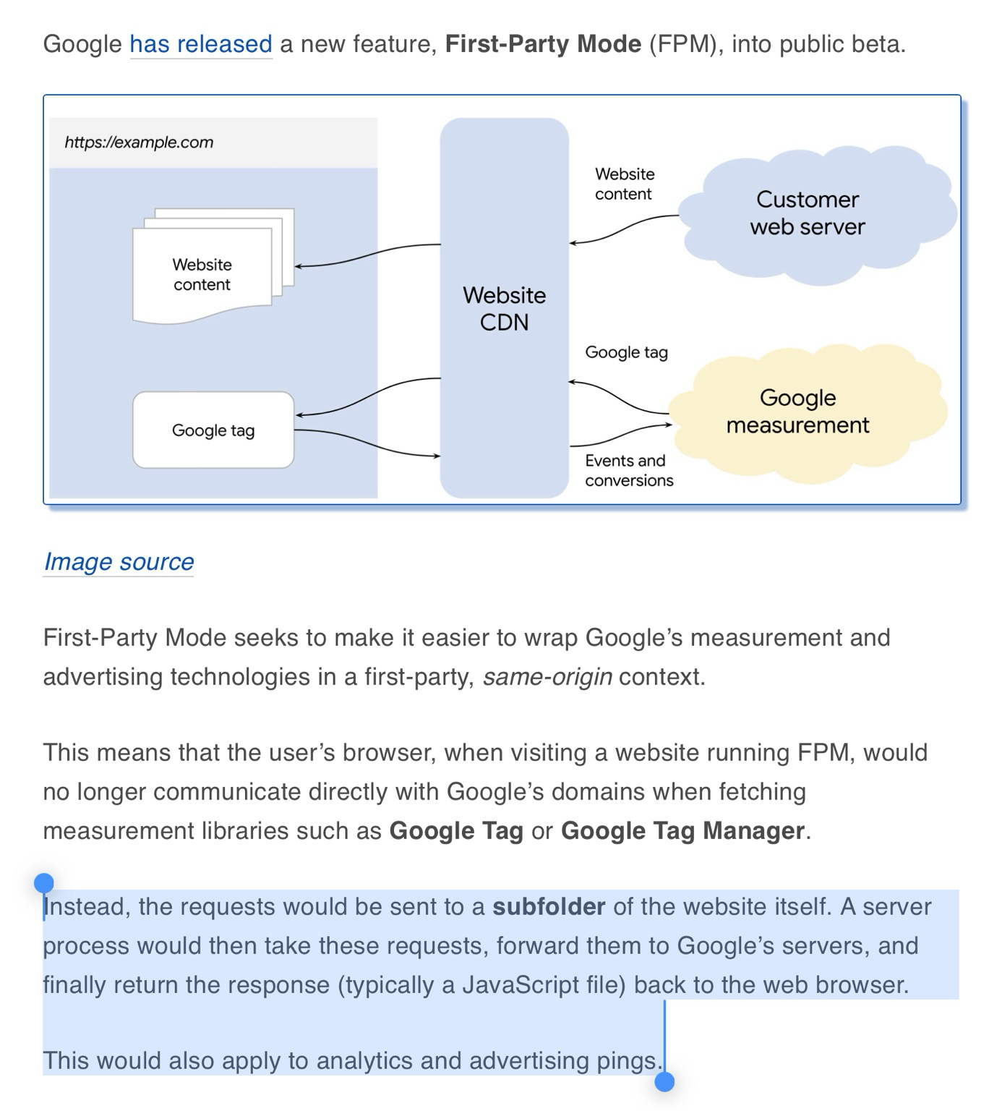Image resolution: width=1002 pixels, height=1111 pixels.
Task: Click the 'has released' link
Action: (x=200, y=45)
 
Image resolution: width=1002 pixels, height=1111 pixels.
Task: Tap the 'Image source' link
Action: (x=119, y=562)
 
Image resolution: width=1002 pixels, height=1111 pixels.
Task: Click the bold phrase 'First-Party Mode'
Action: (x=543, y=45)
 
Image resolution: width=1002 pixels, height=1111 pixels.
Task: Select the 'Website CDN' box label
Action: (x=504, y=309)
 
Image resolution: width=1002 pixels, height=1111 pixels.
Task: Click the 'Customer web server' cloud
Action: (x=808, y=213)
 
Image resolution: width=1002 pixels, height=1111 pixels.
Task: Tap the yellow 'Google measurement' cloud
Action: (x=798, y=411)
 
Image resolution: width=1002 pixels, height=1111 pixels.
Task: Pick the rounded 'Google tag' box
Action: (x=213, y=430)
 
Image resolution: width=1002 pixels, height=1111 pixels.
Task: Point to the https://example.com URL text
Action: (x=139, y=142)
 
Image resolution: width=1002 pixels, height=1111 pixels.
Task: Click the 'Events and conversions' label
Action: (x=628, y=471)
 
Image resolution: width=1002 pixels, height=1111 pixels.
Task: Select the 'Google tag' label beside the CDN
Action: (x=626, y=353)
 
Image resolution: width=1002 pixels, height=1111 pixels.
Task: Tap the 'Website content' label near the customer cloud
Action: (x=624, y=184)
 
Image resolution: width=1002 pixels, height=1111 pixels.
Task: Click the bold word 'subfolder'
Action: (x=549, y=907)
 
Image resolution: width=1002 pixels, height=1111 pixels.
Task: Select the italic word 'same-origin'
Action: (x=547, y=677)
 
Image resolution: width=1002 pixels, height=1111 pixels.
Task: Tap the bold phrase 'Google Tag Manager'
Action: (x=682, y=831)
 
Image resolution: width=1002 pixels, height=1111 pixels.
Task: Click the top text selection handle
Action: (x=44, y=883)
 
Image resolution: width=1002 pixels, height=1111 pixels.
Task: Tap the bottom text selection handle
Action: (x=664, y=1081)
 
